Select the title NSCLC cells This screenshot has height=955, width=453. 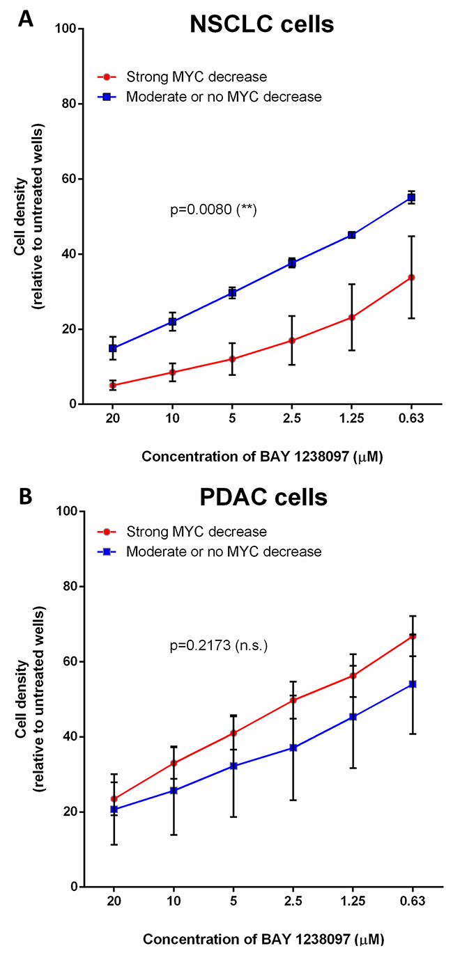pos(261,25)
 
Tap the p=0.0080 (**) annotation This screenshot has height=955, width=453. pos(214,210)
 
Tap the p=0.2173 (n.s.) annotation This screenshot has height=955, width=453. pos(219,647)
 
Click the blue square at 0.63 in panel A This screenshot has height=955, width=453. pos(411,198)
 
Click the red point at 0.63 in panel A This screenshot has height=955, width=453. pos(411,277)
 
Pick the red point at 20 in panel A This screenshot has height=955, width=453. pos(112,385)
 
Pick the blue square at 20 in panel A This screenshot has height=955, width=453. pos(112,348)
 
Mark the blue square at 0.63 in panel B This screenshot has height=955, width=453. pos(412,684)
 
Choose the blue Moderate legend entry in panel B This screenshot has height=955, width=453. pos(223,552)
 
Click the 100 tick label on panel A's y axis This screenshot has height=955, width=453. pos(67,29)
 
